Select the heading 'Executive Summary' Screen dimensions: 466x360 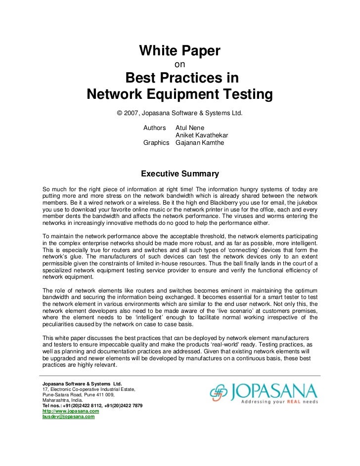tap(180, 174)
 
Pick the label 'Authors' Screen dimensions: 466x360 tap(154, 128)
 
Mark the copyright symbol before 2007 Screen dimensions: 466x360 tap(120, 113)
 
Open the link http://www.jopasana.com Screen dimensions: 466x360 tap(71, 411)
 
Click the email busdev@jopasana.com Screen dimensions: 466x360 tap(68, 417)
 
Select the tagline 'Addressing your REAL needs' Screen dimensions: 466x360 tap(278, 402)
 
